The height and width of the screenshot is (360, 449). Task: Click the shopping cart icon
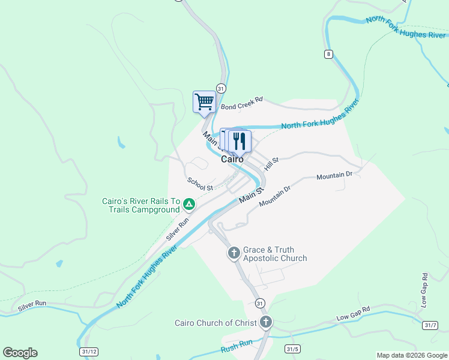[x=204, y=101]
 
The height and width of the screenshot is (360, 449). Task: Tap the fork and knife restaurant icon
[x=240, y=141]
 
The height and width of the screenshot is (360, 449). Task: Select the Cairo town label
[x=232, y=160]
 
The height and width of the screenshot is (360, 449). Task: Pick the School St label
[x=200, y=184]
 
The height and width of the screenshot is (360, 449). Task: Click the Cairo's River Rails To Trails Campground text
[x=142, y=205]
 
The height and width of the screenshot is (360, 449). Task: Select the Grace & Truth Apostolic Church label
[x=274, y=254]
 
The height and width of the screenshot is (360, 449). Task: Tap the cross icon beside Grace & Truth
[x=234, y=253]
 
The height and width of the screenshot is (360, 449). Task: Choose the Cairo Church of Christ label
[x=215, y=323]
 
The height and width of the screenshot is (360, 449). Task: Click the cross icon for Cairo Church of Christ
[x=265, y=323]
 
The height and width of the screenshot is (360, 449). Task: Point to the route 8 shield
[x=328, y=54]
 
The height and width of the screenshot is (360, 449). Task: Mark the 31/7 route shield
[x=429, y=325]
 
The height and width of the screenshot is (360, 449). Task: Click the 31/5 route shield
[x=292, y=349]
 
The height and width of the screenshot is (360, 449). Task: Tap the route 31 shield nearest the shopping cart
[x=220, y=88]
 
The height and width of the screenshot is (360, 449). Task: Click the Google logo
[x=20, y=353]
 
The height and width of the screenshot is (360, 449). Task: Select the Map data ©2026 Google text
[x=412, y=355]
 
